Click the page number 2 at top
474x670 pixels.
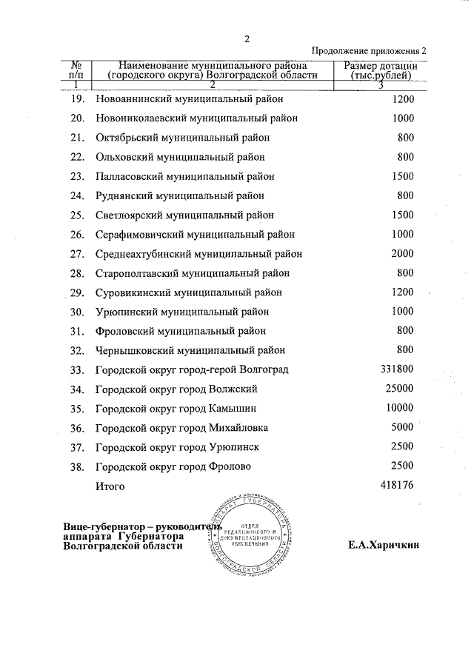coord(247,39)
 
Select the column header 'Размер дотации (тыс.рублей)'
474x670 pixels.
coord(381,70)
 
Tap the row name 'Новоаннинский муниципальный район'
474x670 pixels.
coord(190,99)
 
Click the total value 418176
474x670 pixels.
coord(395,485)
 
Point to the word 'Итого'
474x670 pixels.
coord(110,486)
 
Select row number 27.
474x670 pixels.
coord(78,254)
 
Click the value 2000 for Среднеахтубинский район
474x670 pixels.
coord(401,253)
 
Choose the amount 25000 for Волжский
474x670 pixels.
coord(398,388)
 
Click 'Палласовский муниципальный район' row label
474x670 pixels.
coord(185,177)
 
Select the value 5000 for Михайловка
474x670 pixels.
coord(401,426)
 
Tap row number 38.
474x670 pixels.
coord(78,466)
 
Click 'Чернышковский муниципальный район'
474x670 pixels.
coord(190,350)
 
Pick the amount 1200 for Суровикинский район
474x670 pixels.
coord(401,292)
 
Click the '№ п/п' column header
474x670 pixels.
coord(76,70)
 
